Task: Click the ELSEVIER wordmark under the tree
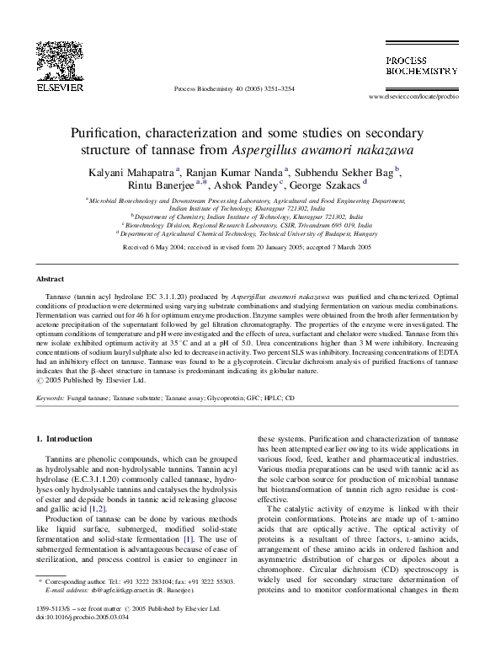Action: pos(57,86)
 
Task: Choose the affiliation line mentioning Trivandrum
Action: pos(250,226)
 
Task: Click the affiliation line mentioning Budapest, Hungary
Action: pos(250,233)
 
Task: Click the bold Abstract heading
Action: pos(51,278)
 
